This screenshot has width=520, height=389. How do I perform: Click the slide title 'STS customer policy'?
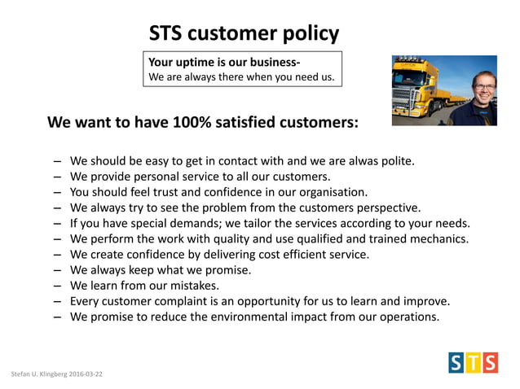coord(243,33)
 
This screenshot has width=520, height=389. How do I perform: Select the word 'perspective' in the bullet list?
coord(386,208)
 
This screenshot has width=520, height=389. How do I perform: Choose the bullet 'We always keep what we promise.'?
coord(161,269)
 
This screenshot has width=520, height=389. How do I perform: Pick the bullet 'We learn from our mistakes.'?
coord(145,285)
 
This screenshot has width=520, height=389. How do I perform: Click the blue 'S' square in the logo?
coord(456,362)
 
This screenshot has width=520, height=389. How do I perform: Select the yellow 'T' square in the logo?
coord(473,362)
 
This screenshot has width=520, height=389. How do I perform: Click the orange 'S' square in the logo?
coord(489,362)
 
